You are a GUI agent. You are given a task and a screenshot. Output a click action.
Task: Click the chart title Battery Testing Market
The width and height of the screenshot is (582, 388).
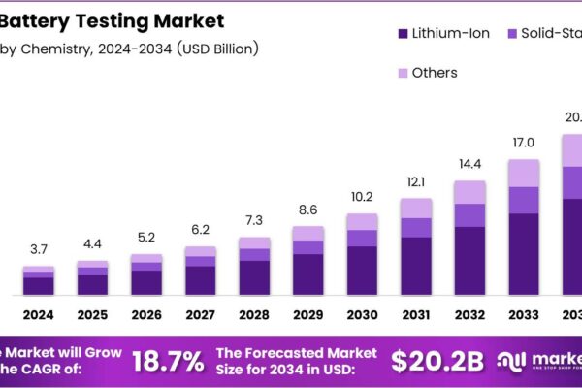[113, 19]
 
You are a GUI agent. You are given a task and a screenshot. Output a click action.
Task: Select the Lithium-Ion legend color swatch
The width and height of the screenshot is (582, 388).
[403, 34]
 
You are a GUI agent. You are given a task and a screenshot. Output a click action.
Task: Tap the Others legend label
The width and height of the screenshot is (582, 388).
[434, 73]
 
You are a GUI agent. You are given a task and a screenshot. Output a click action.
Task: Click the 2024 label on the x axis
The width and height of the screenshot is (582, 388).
[39, 315]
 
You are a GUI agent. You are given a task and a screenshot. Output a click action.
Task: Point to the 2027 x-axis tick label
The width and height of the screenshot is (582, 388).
[201, 315]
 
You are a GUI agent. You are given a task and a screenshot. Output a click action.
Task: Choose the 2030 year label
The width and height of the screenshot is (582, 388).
[362, 315]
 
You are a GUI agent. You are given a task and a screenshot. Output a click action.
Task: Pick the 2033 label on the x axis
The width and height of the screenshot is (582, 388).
[524, 315]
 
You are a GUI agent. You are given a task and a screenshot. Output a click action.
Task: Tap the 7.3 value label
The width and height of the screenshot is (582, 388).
[254, 222]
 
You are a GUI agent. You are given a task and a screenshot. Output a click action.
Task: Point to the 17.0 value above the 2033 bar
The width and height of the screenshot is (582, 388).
[524, 144]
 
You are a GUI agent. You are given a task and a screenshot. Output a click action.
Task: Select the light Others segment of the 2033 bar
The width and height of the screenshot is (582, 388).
[524, 173]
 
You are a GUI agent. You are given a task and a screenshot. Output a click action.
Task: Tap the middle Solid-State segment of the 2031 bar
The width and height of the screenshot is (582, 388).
[416, 227]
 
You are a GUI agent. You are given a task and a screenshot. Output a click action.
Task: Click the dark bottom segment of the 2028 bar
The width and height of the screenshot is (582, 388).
[254, 276]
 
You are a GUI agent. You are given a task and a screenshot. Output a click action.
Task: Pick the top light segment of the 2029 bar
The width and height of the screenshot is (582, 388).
[308, 233]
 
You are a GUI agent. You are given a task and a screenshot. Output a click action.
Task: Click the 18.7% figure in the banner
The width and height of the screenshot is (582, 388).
[168, 361]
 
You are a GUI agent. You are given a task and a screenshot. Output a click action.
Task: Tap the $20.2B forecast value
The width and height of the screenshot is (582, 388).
[437, 361]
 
